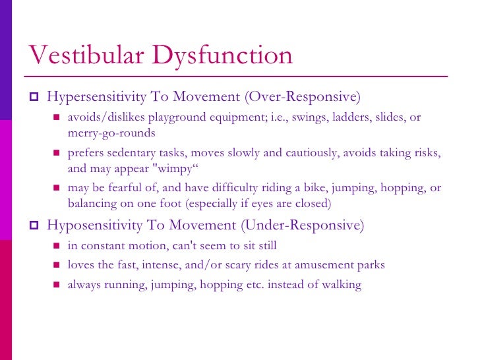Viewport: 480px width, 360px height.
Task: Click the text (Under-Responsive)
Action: pyautogui.click(x=303, y=225)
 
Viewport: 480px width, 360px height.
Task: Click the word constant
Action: pyautogui.click(x=100, y=245)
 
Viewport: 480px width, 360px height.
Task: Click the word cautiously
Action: pyautogui.click(x=312, y=153)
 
